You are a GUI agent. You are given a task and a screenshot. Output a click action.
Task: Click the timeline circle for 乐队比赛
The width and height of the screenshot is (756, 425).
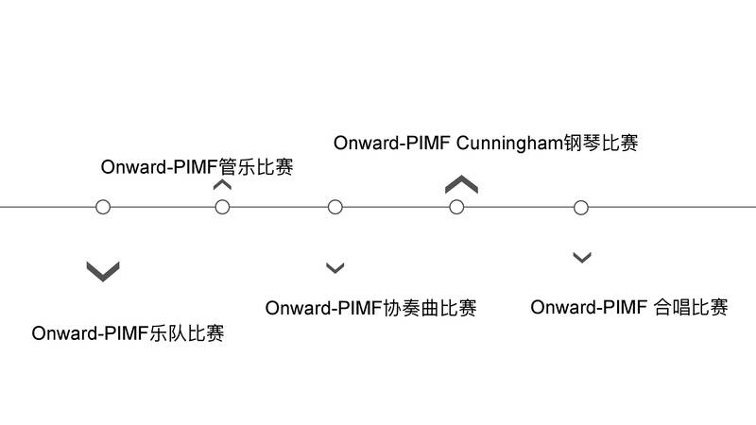(x=103, y=207)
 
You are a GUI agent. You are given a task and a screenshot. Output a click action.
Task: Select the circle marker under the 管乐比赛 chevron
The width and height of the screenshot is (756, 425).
(x=223, y=207)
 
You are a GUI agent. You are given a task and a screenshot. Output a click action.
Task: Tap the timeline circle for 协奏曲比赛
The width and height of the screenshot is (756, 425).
(x=335, y=207)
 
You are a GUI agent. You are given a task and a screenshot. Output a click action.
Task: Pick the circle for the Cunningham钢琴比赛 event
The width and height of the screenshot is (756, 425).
(x=456, y=207)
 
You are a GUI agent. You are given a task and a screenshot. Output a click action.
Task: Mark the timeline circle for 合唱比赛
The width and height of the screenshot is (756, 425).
(x=581, y=207)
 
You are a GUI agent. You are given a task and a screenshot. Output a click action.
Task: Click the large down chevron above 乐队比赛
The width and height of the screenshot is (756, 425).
(x=103, y=271)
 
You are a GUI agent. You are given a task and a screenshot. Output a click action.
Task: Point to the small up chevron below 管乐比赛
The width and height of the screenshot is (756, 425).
(x=223, y=185)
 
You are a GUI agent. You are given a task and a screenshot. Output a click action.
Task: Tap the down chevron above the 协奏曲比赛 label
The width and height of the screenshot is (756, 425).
(x=335, y=268)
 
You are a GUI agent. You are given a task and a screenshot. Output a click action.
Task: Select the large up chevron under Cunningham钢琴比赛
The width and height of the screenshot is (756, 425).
(x=461, y=183)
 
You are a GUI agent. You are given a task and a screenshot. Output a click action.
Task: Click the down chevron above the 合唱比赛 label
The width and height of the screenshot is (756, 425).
(x=582, y=257)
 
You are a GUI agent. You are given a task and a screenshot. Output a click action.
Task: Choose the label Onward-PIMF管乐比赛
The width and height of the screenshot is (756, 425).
(x=197, y=168)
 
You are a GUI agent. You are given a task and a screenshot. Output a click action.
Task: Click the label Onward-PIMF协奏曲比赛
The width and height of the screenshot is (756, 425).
(x=370, y=308)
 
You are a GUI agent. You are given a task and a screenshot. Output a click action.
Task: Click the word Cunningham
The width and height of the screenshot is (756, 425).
(x=509, y=144)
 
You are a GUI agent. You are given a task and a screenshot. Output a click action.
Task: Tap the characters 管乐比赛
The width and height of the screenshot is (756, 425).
(x=255, y=168)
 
